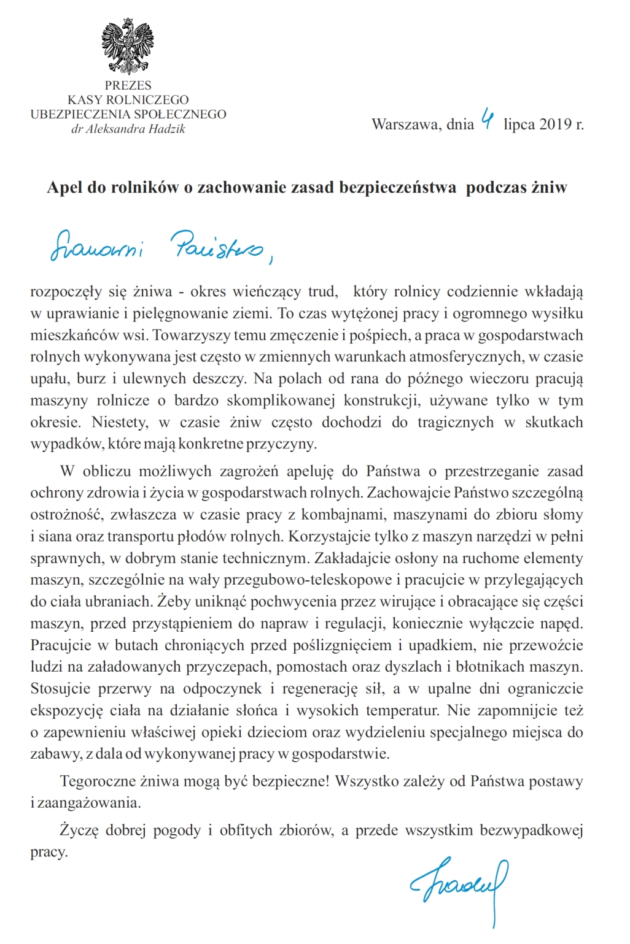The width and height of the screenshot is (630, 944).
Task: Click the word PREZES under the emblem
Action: pyautogui.click(x=128, y=85)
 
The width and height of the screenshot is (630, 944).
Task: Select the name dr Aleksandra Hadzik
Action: pyautogui.click(x=128, y=129)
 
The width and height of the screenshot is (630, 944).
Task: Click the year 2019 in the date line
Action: pyautogui.click(x=555, y=125)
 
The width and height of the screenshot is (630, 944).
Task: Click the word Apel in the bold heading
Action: pyautogui.click(x=64, y=188)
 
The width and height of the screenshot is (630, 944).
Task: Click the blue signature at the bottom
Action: pyautogui.click(x=461, y=886)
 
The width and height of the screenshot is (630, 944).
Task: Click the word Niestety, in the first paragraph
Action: pyautogui.click(x=120, y=423)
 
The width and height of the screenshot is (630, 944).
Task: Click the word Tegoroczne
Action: pyautogui.click(x=96, y=781)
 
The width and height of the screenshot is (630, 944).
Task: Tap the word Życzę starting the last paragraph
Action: pyautogui.click(x=79, y=831)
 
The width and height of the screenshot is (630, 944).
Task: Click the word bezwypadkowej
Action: pyautogui.click(x=531, y=831)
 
